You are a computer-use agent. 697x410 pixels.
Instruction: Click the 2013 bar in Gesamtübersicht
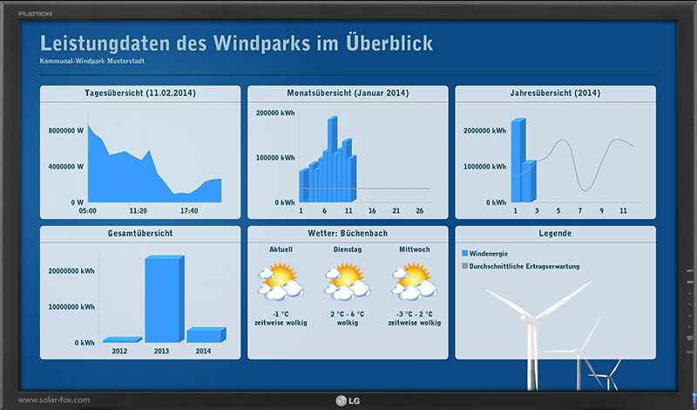(165, 298)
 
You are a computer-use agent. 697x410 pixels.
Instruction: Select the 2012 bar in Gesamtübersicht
(122, 339)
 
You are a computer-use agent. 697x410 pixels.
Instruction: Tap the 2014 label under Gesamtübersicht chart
(203, 352)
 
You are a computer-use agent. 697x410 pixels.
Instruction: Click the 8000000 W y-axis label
(66, 131)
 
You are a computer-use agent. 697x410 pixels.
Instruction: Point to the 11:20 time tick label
(139, 210)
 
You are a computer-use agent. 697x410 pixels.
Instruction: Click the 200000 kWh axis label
(275, 113)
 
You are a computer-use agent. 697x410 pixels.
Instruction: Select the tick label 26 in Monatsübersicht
(420, 210)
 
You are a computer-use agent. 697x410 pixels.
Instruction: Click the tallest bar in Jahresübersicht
(518, 161)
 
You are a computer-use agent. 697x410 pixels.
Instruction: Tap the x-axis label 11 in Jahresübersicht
(623, 210)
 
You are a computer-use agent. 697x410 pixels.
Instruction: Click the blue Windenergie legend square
(465, 253)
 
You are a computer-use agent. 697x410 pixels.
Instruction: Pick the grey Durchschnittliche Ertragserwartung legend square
(465, 266)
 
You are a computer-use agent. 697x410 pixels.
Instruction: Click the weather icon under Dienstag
(347, 282)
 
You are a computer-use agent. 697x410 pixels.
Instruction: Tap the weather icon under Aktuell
(281, 282)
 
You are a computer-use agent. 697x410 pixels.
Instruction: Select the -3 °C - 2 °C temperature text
(415, 314)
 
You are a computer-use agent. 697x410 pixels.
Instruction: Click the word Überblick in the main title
(388, 44)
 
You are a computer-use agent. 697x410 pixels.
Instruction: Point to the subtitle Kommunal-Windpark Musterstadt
(92, 61)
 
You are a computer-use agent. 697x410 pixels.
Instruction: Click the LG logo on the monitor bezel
(348, 400)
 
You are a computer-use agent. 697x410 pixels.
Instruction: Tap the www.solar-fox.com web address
(54, 400)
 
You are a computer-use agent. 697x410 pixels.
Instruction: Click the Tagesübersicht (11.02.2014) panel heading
(140, 93)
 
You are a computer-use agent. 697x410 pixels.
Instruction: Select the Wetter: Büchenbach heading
(348, 233)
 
